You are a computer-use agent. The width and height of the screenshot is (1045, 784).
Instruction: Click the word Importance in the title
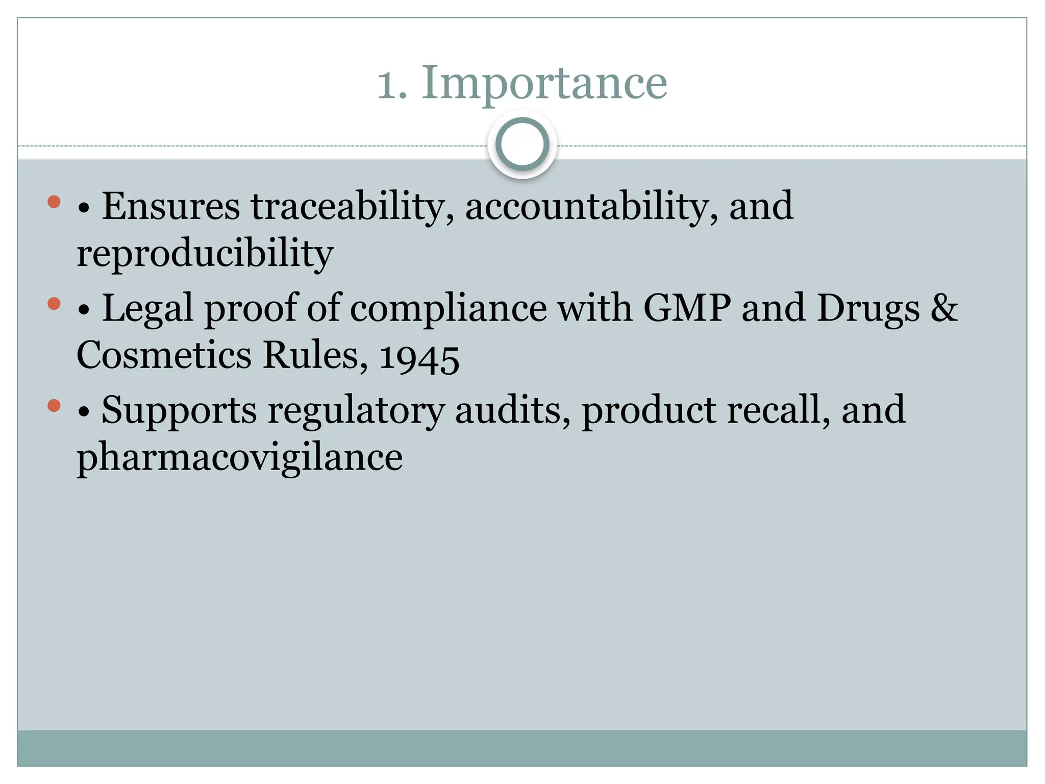(x=544, y=83)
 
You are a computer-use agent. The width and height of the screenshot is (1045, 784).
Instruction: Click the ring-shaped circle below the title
(x=522, y=144)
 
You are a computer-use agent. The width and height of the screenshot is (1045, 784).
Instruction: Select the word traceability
(x=352, y=206)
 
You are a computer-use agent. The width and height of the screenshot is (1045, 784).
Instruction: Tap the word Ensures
(x=170, y=206)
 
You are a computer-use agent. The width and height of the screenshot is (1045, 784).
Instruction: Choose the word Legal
(x=148, y=308)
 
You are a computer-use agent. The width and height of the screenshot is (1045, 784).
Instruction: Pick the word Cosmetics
(x=164, y=355)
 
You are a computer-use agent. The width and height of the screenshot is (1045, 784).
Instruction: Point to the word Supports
(x=179, y=410)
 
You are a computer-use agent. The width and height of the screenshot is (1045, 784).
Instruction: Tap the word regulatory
(x=356, y=410)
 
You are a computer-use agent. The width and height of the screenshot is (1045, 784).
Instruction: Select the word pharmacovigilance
(x=239, y=457)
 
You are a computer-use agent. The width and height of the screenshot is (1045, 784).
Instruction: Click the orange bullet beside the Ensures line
(x=54, y=202)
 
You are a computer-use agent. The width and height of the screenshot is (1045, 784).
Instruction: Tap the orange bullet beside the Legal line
(x=54, y=304)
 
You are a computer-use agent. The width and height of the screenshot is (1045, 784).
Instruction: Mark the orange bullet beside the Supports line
(x=54, y=406)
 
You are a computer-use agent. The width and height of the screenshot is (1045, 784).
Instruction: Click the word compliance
(x=448, y=308)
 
